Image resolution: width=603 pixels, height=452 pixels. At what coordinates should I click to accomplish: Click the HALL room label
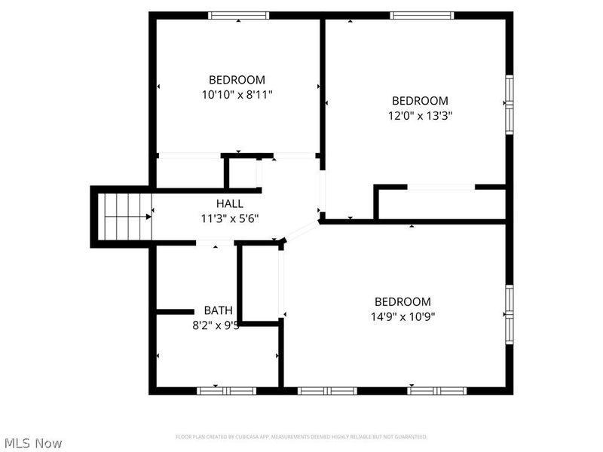click(229, 203)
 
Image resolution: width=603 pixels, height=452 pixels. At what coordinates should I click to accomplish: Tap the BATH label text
click(218, 310)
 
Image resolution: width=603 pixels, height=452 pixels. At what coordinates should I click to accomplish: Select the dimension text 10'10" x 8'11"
click(237, 95)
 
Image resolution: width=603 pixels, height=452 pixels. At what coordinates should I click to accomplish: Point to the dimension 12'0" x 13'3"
click(420, 116)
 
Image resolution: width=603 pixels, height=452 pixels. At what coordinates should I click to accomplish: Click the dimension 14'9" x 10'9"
click(403, 316)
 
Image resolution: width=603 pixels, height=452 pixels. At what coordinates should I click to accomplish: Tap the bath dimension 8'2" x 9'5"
click(216, 326)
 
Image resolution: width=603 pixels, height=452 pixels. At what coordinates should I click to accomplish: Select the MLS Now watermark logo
click(33, 443)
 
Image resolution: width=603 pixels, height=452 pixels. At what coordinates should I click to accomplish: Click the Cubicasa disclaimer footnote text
click(301, 437)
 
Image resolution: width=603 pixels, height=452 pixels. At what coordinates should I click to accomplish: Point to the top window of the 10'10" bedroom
click(238, 15)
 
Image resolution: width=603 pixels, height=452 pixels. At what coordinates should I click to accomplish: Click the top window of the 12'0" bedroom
click(422, 15)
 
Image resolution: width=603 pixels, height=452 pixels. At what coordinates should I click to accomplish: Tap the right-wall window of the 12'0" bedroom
click(509, 103)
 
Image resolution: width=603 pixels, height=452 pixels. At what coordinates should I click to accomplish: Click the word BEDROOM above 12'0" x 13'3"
click(420, 100)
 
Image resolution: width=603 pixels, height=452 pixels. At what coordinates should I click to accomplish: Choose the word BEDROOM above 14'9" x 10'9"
click(403, 301)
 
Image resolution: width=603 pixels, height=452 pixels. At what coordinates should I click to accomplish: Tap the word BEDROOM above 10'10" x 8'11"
click(237, 79)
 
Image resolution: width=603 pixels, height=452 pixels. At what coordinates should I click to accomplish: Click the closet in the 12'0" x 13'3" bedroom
click(441, 203)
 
